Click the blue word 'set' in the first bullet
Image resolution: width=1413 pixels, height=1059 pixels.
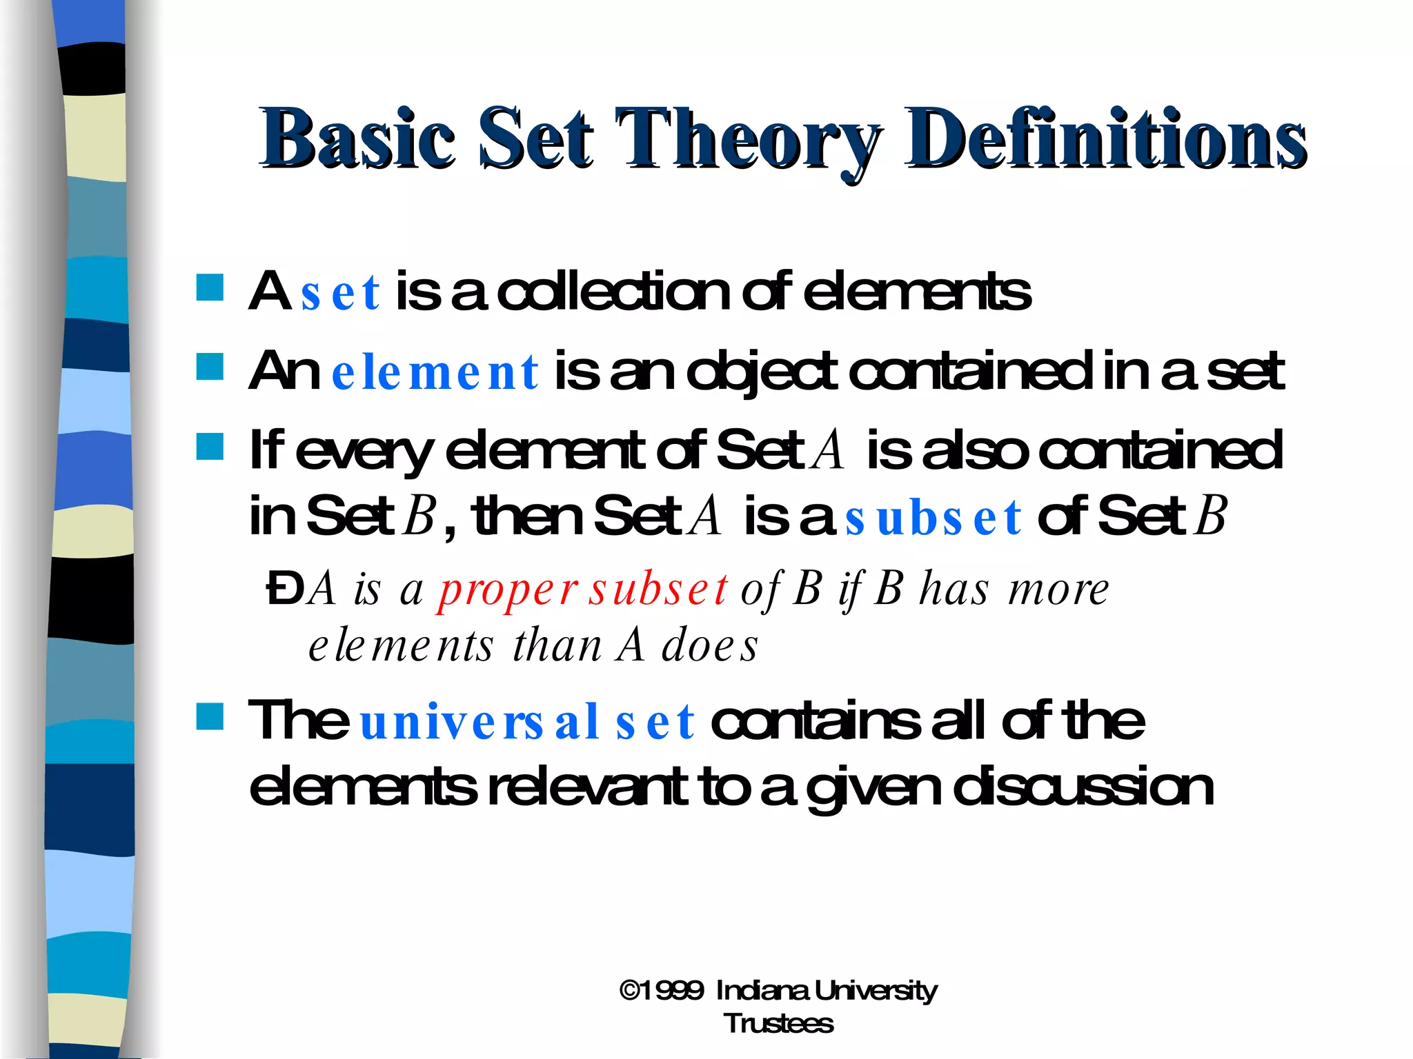coord(340,292)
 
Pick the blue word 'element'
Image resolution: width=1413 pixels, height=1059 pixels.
coord(435,372)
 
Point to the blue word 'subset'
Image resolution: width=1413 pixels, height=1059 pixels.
coord(933,518)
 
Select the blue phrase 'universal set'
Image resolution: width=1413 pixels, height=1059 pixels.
coord(527,723)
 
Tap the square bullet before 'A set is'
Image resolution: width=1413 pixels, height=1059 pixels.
coord(210,288)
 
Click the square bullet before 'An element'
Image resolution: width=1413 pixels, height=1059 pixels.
coord(210,367)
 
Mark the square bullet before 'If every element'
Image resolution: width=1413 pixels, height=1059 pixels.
coord(210,447)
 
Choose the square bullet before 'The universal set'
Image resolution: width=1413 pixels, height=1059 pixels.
coord(210,716)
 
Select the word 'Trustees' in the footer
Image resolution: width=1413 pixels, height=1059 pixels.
coord(778,1024)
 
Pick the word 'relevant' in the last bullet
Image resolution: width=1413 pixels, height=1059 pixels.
coord(588,787)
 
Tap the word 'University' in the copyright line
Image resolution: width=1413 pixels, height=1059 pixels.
coord(875,991)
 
